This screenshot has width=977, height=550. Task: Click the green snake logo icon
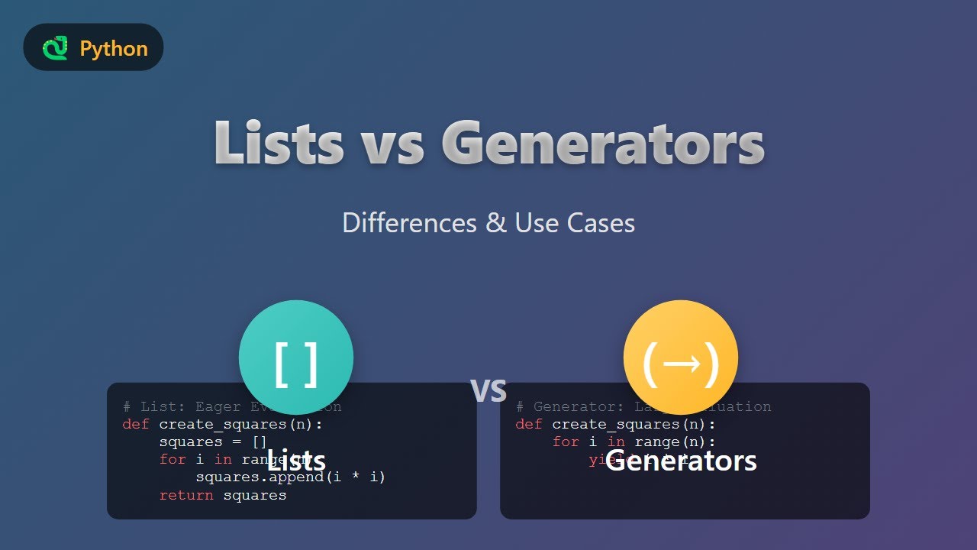55,49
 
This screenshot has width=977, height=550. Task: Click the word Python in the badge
114,49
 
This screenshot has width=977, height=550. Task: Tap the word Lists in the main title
278,143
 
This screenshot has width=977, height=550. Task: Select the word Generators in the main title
602,143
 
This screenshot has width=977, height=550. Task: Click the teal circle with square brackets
296,357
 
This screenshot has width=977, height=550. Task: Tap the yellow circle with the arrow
681,357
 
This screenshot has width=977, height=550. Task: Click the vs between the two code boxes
488,389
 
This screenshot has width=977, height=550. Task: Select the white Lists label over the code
296,461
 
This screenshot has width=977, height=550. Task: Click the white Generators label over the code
681,461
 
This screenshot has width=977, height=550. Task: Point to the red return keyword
187,495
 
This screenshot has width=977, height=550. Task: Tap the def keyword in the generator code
529,424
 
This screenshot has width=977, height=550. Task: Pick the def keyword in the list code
136,424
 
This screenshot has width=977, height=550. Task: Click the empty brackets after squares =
260,442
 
